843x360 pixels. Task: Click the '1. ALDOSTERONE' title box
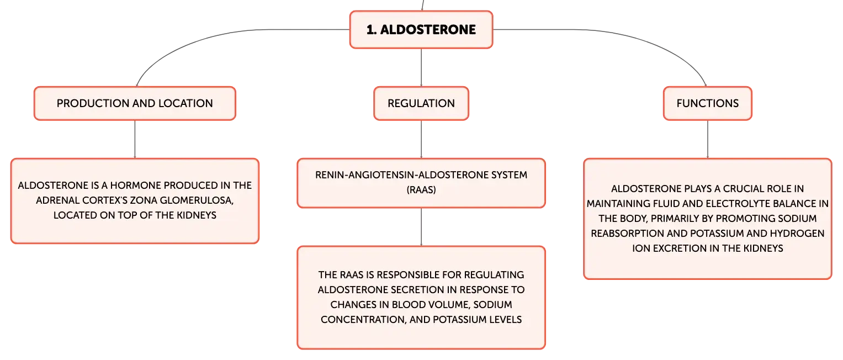(x=421, y=30)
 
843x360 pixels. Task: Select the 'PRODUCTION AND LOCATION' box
(x=135, y=104)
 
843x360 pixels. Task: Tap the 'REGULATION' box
(x=421, y=104)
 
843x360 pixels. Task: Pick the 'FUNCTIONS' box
(x=708, y=104)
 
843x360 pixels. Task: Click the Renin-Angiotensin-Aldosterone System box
(x=421, y=183)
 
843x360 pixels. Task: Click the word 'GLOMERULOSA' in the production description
(x=197, y=200)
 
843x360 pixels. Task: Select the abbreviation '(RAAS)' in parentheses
(x=421, y=190)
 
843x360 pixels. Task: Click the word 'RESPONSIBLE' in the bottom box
(x=408, y=275)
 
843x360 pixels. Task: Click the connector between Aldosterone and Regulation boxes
(x=421, y=67)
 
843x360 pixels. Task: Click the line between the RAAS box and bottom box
(x=421, y=227)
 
